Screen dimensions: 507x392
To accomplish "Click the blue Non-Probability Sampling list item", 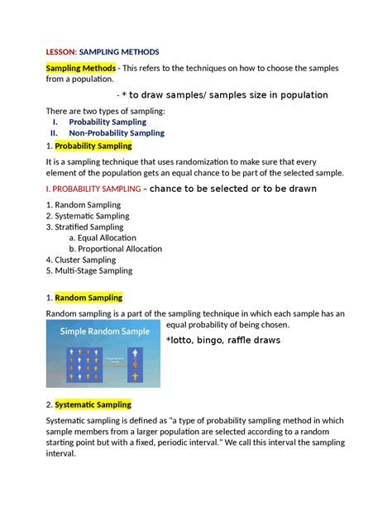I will [117, 132].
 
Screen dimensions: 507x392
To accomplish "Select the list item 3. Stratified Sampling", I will [84, 227].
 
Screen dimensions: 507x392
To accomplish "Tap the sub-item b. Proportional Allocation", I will [115, 248].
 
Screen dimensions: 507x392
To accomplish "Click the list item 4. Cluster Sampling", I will [80, 260].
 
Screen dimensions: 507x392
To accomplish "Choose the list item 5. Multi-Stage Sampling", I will [88, 270].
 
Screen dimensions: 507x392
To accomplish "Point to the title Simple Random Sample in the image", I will [103, 331].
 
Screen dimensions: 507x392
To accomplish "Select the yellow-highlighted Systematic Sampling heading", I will [93, 404].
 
